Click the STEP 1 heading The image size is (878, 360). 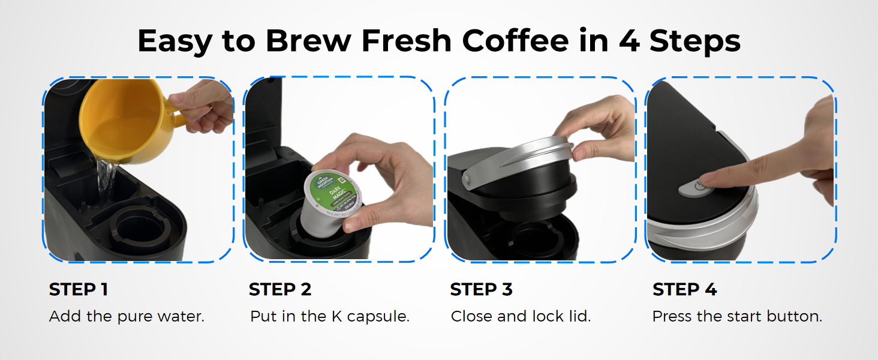(x=78, y=290)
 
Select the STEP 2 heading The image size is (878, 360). (x=280, y=290)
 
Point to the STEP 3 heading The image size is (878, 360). (x=481, y=290)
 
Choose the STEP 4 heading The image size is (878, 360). (x=684, y=290)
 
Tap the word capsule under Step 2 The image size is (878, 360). (x=380, y=317)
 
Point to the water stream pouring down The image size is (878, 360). (x=107, y=180)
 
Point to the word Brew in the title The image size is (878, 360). (x=307, y=41)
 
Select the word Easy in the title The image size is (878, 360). (x=175, y=41)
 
